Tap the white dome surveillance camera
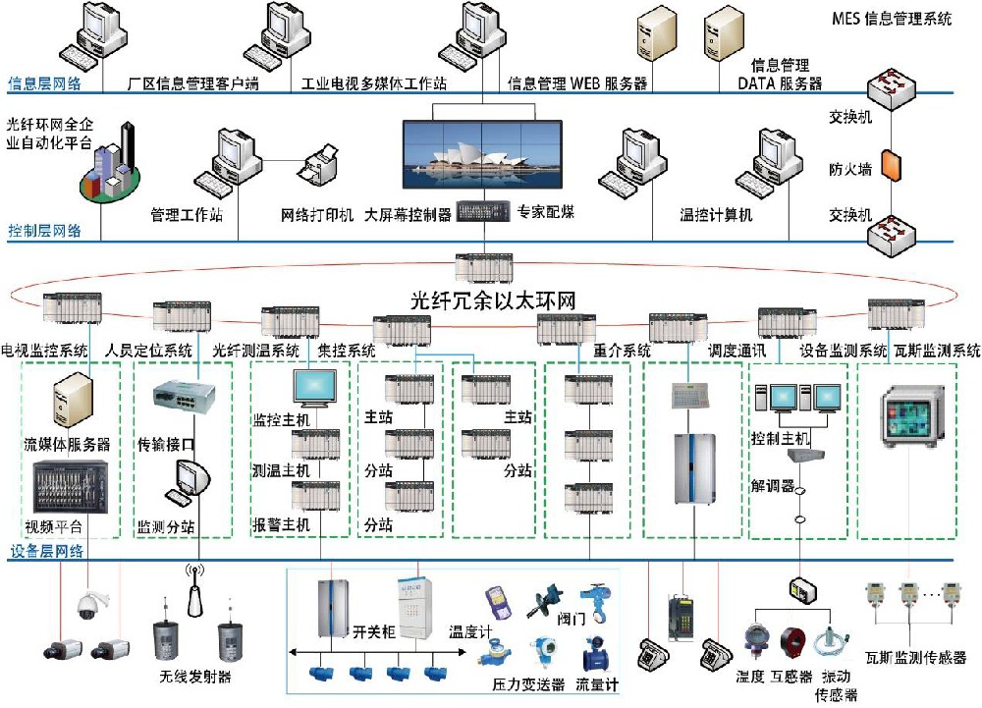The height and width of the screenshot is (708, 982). [87, 606]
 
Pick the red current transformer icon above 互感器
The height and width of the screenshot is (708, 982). [794, 643]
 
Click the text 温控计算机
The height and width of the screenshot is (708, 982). [716, 214]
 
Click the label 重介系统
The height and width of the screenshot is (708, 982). [623, 350]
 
